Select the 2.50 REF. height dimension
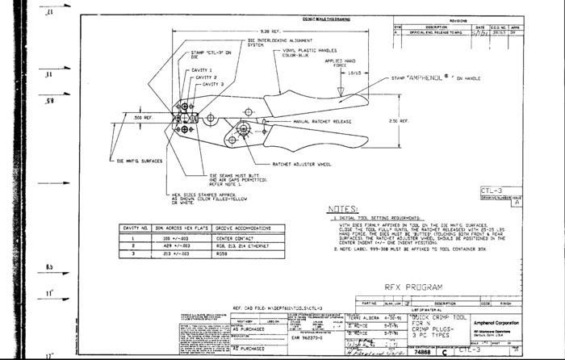pyautogui.click(x=399, y=121)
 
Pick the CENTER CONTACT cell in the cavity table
pyautogui.click(x=235, y=241)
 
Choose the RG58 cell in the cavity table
pyautogui.click(x=222, y=254)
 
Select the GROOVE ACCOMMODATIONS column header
pyautogui.click(x=241, y=229)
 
